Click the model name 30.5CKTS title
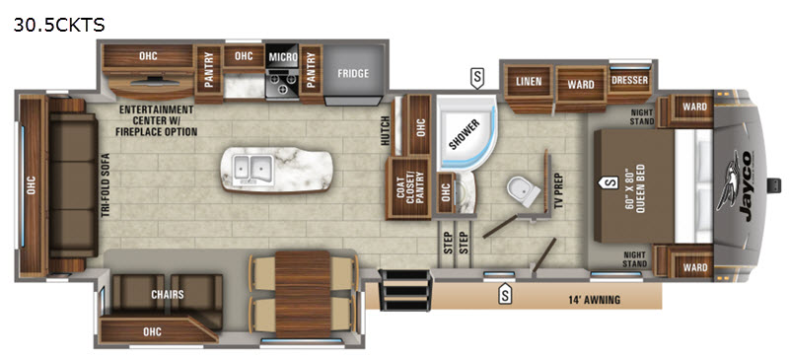tap(59, 25)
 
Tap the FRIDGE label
tap(353, 73)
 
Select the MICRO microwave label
tap(283, 57)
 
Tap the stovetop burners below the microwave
tap(282, 83)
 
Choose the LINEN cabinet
tap(529, 83)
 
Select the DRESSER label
tap(629, 80)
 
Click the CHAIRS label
tap(167, 294)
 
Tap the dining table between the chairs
tap(302, 294)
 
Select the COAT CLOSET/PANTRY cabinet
tap(408, 188)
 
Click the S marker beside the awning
tap(504, 295)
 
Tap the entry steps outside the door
tap(405, 291)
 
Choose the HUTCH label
tap(386, 130)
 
